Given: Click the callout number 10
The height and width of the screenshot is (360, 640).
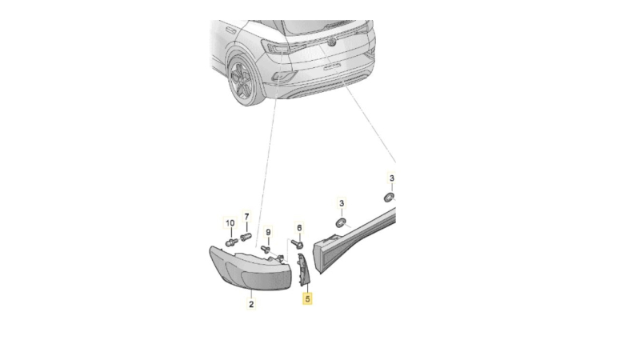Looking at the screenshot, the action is pos(230,223).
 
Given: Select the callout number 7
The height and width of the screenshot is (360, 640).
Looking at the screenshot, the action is pos(246,216).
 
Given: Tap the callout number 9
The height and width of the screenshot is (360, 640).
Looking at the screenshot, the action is pos(268,232).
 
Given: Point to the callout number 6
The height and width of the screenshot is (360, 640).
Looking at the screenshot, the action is pos(299,228).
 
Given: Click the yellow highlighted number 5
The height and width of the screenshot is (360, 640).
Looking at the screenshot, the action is pos(307,298).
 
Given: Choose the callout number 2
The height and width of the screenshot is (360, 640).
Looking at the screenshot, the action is pos(251,304).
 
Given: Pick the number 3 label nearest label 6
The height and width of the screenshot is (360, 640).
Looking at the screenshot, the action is pos(342,203).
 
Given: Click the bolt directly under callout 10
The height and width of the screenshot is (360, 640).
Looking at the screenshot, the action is pos(231,242).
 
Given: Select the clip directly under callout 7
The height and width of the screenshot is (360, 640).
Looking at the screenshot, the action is pos(246,236).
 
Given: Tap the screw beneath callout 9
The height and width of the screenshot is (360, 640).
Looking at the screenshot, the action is pos(266,248).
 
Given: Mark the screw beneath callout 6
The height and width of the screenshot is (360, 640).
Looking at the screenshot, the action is pos(297,244).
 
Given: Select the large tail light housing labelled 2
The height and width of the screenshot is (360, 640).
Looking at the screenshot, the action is pos(251,268).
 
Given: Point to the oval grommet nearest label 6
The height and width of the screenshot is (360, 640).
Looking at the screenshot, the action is pos(341,223).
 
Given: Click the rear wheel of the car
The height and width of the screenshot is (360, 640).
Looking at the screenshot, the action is pos(242,82).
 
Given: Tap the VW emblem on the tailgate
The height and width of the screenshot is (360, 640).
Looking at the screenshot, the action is pos(332,41).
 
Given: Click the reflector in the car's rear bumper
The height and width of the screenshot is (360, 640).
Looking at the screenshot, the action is pos(284,75).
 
